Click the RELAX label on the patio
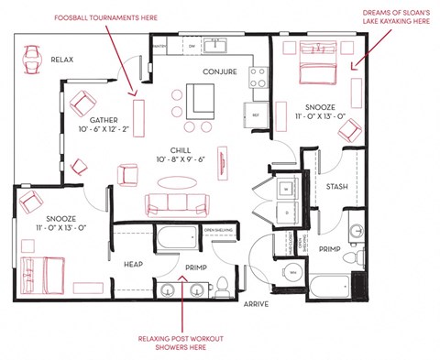tap(61, 60)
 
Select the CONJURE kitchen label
tap(220, 71)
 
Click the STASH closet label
tap(335, 188)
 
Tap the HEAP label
tap(134, 265)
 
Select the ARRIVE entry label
tap(256, 304)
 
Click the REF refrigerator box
tap(254, 115)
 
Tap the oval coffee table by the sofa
tap(176, 180)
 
